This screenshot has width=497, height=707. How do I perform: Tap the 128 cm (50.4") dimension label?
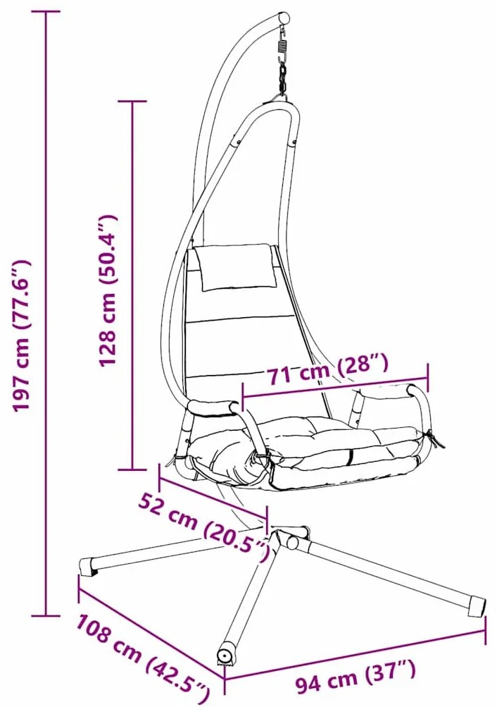pos(108,291)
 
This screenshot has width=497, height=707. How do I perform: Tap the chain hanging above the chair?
pos(283,79)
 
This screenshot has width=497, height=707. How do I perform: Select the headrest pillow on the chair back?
pos(238,268)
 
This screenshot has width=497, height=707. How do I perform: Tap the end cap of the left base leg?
pos(88,567)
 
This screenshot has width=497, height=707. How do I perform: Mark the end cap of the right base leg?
pos(477,606)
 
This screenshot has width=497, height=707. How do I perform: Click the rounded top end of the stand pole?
pos(284,19)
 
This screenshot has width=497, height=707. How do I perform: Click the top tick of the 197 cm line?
pos(46,12)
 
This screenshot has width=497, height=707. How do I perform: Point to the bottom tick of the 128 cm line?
pos(132,469)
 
